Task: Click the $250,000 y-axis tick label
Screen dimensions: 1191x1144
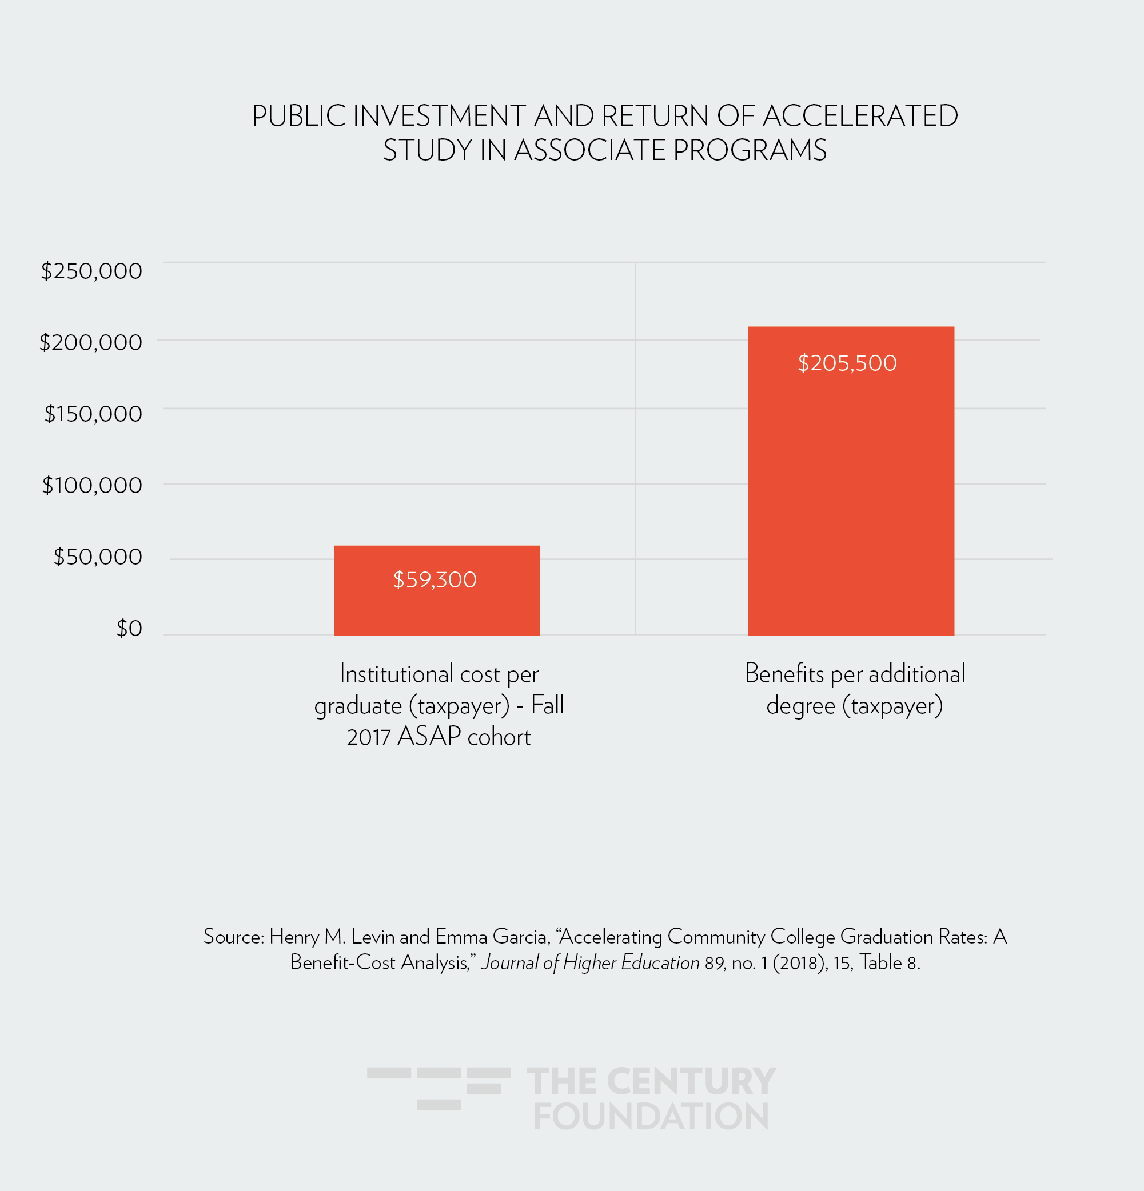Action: pyautogui.click(x=91, y=271)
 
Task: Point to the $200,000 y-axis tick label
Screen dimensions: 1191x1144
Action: pyautogui.click(x=90, y=343)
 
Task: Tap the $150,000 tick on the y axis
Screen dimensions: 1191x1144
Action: pyautogui.click(x=93, y=414)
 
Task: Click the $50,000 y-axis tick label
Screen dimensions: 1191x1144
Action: pyautogui.click(x=98, y=557)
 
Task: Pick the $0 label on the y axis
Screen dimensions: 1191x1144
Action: pyautogui.click(x=129, y=628)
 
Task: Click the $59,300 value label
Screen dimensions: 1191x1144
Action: pyautogui.click(x=435, y=579)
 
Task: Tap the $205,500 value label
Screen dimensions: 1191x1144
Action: pyautogui.click(x=847, y=363)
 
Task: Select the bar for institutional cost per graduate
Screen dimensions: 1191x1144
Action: pyautogui.click(x=436, y=608)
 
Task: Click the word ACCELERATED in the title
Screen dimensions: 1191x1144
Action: pyautogui.click(x=859, y=116)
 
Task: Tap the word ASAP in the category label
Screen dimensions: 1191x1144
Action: pyautogui.click(x=429, y=737)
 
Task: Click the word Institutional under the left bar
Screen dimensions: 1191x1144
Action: pyautogui.click(x=396, y=674)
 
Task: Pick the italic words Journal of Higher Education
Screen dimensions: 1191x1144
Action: pyautogui.click(x=589, y=962)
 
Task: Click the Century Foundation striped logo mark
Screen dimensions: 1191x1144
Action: pyautogui.click(x=439, y=1088)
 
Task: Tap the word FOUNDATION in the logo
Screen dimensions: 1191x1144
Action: pyautogui.click(x=652, y=1117)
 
